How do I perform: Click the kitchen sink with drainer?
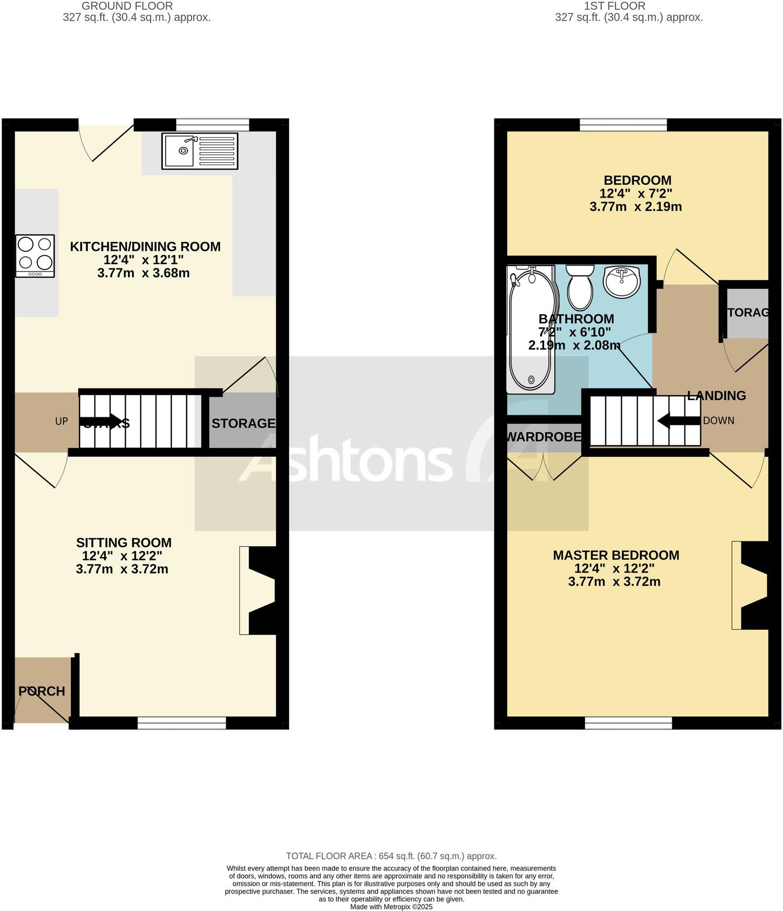click(199, 150)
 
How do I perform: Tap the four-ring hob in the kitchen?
click(35, 256)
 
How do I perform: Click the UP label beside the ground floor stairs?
click(62, 421)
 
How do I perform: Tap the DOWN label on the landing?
click(718, 421)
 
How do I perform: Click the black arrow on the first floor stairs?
click(679, 421)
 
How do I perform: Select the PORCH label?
click(42, 691)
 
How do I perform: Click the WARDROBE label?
click(544, 437)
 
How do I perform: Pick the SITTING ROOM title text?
click(124, 542)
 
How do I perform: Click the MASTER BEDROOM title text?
click(616, 555)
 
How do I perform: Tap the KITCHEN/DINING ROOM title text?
click(145, 246)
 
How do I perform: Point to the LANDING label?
click(717, 396)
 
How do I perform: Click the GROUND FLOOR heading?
click(127, 6)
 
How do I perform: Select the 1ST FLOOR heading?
click(615, 6)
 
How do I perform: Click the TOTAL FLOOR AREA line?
click(391, 856)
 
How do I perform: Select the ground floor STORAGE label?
click(243, 423)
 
